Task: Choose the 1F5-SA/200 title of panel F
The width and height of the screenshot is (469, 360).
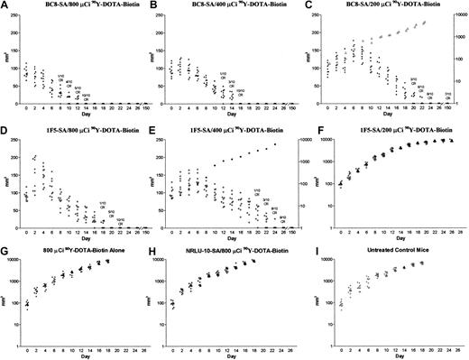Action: click(x=393, y=132)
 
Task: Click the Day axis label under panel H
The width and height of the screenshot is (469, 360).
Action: click(x=238, y=355)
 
